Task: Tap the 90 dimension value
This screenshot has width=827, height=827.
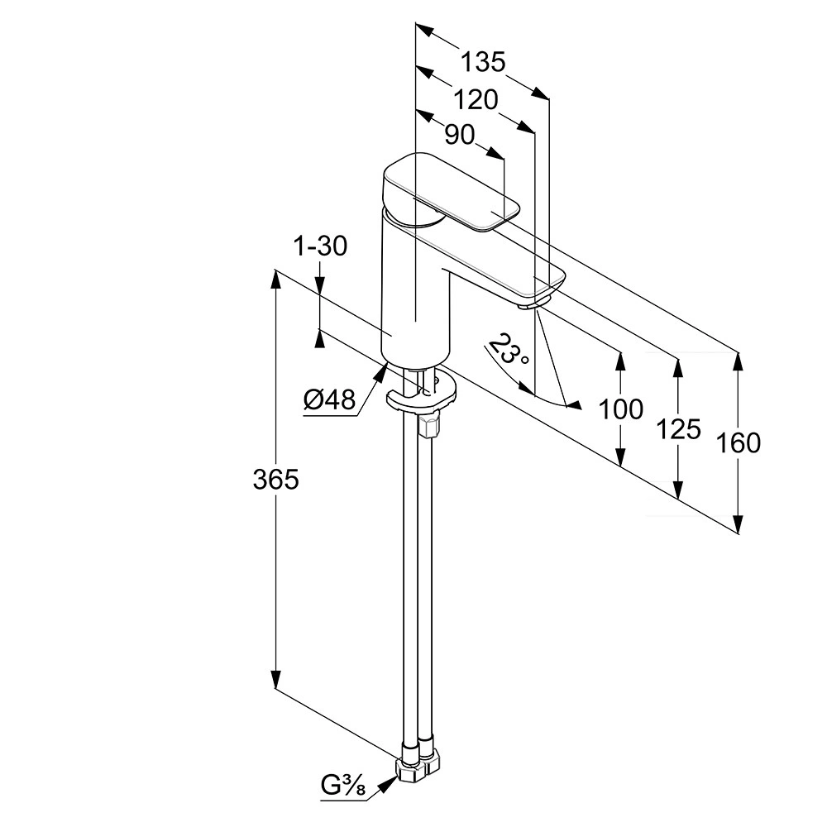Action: point(459,135)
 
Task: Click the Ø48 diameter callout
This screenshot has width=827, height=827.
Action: point(328,401)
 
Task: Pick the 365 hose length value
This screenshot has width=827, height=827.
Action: point(275,480)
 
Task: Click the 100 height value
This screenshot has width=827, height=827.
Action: point(620,409)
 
